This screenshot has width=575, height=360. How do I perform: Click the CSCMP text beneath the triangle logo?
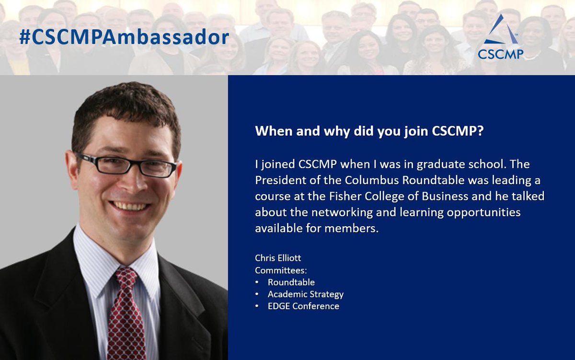[500, 54]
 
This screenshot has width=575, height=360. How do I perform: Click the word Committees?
[281, 270]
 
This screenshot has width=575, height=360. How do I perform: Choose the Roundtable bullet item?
[291, 282]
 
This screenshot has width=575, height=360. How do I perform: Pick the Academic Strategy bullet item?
[305, 294]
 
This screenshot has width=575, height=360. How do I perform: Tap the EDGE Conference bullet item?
[303, 306]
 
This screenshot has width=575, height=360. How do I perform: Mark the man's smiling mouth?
[129, 206]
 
